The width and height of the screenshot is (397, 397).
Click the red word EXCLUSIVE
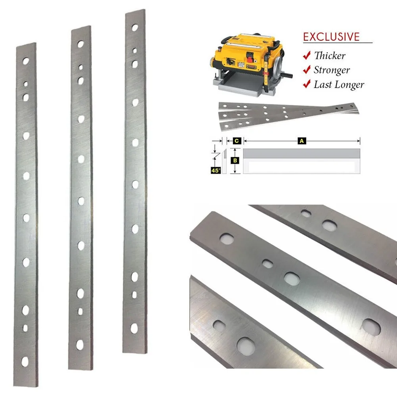tap(331, 37)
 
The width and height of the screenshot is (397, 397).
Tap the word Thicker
tap(329, 56)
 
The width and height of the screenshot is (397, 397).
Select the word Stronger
tap(332, 71)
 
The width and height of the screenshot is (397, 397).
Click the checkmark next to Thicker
tap(306, 56)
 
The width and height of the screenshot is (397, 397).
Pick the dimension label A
tap(301, 140)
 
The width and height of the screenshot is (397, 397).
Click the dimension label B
tap(235, 161)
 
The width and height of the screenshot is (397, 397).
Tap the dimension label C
tap(235, 140)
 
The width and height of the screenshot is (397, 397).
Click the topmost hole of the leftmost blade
tap(26, 61)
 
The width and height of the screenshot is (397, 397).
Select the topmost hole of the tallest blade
tap(135, 28)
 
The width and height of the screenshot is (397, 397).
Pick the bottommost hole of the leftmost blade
tap(25, 361)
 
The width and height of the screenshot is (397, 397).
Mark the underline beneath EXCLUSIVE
tap(337, 43)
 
